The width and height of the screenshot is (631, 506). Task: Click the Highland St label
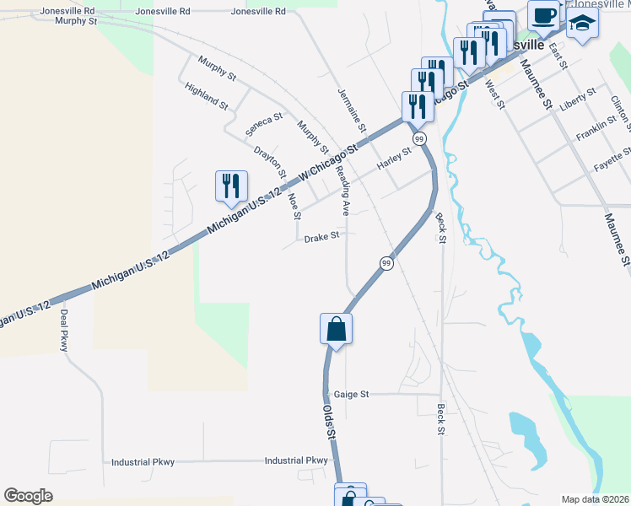tap(207, 96)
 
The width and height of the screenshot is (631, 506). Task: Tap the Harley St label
tap(393, 157)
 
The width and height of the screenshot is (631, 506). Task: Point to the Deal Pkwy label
tap(63, 330)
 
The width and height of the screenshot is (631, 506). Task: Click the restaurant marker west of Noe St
tap(231, 186)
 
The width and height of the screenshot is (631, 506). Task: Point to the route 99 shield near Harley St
tap(418, 137)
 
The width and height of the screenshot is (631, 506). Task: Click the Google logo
tap(29, 496)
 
